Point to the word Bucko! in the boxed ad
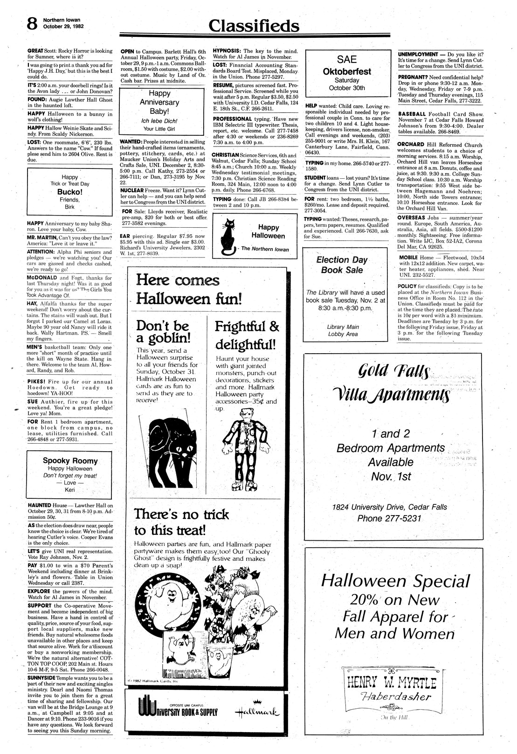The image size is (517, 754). click(x=70, y=192)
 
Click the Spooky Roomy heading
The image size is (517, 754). click(x=70, y=461)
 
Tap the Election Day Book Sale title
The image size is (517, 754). click(x=342, y=265)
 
